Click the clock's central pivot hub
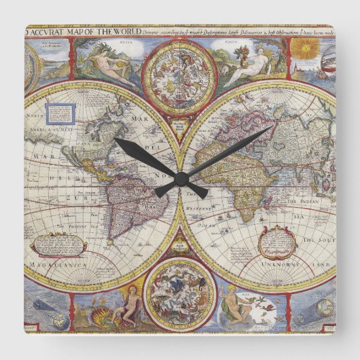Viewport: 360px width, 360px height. tap(181, 178)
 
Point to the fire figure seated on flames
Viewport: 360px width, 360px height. tap(122, 306)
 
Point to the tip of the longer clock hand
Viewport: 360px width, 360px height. tap(272, 128)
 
